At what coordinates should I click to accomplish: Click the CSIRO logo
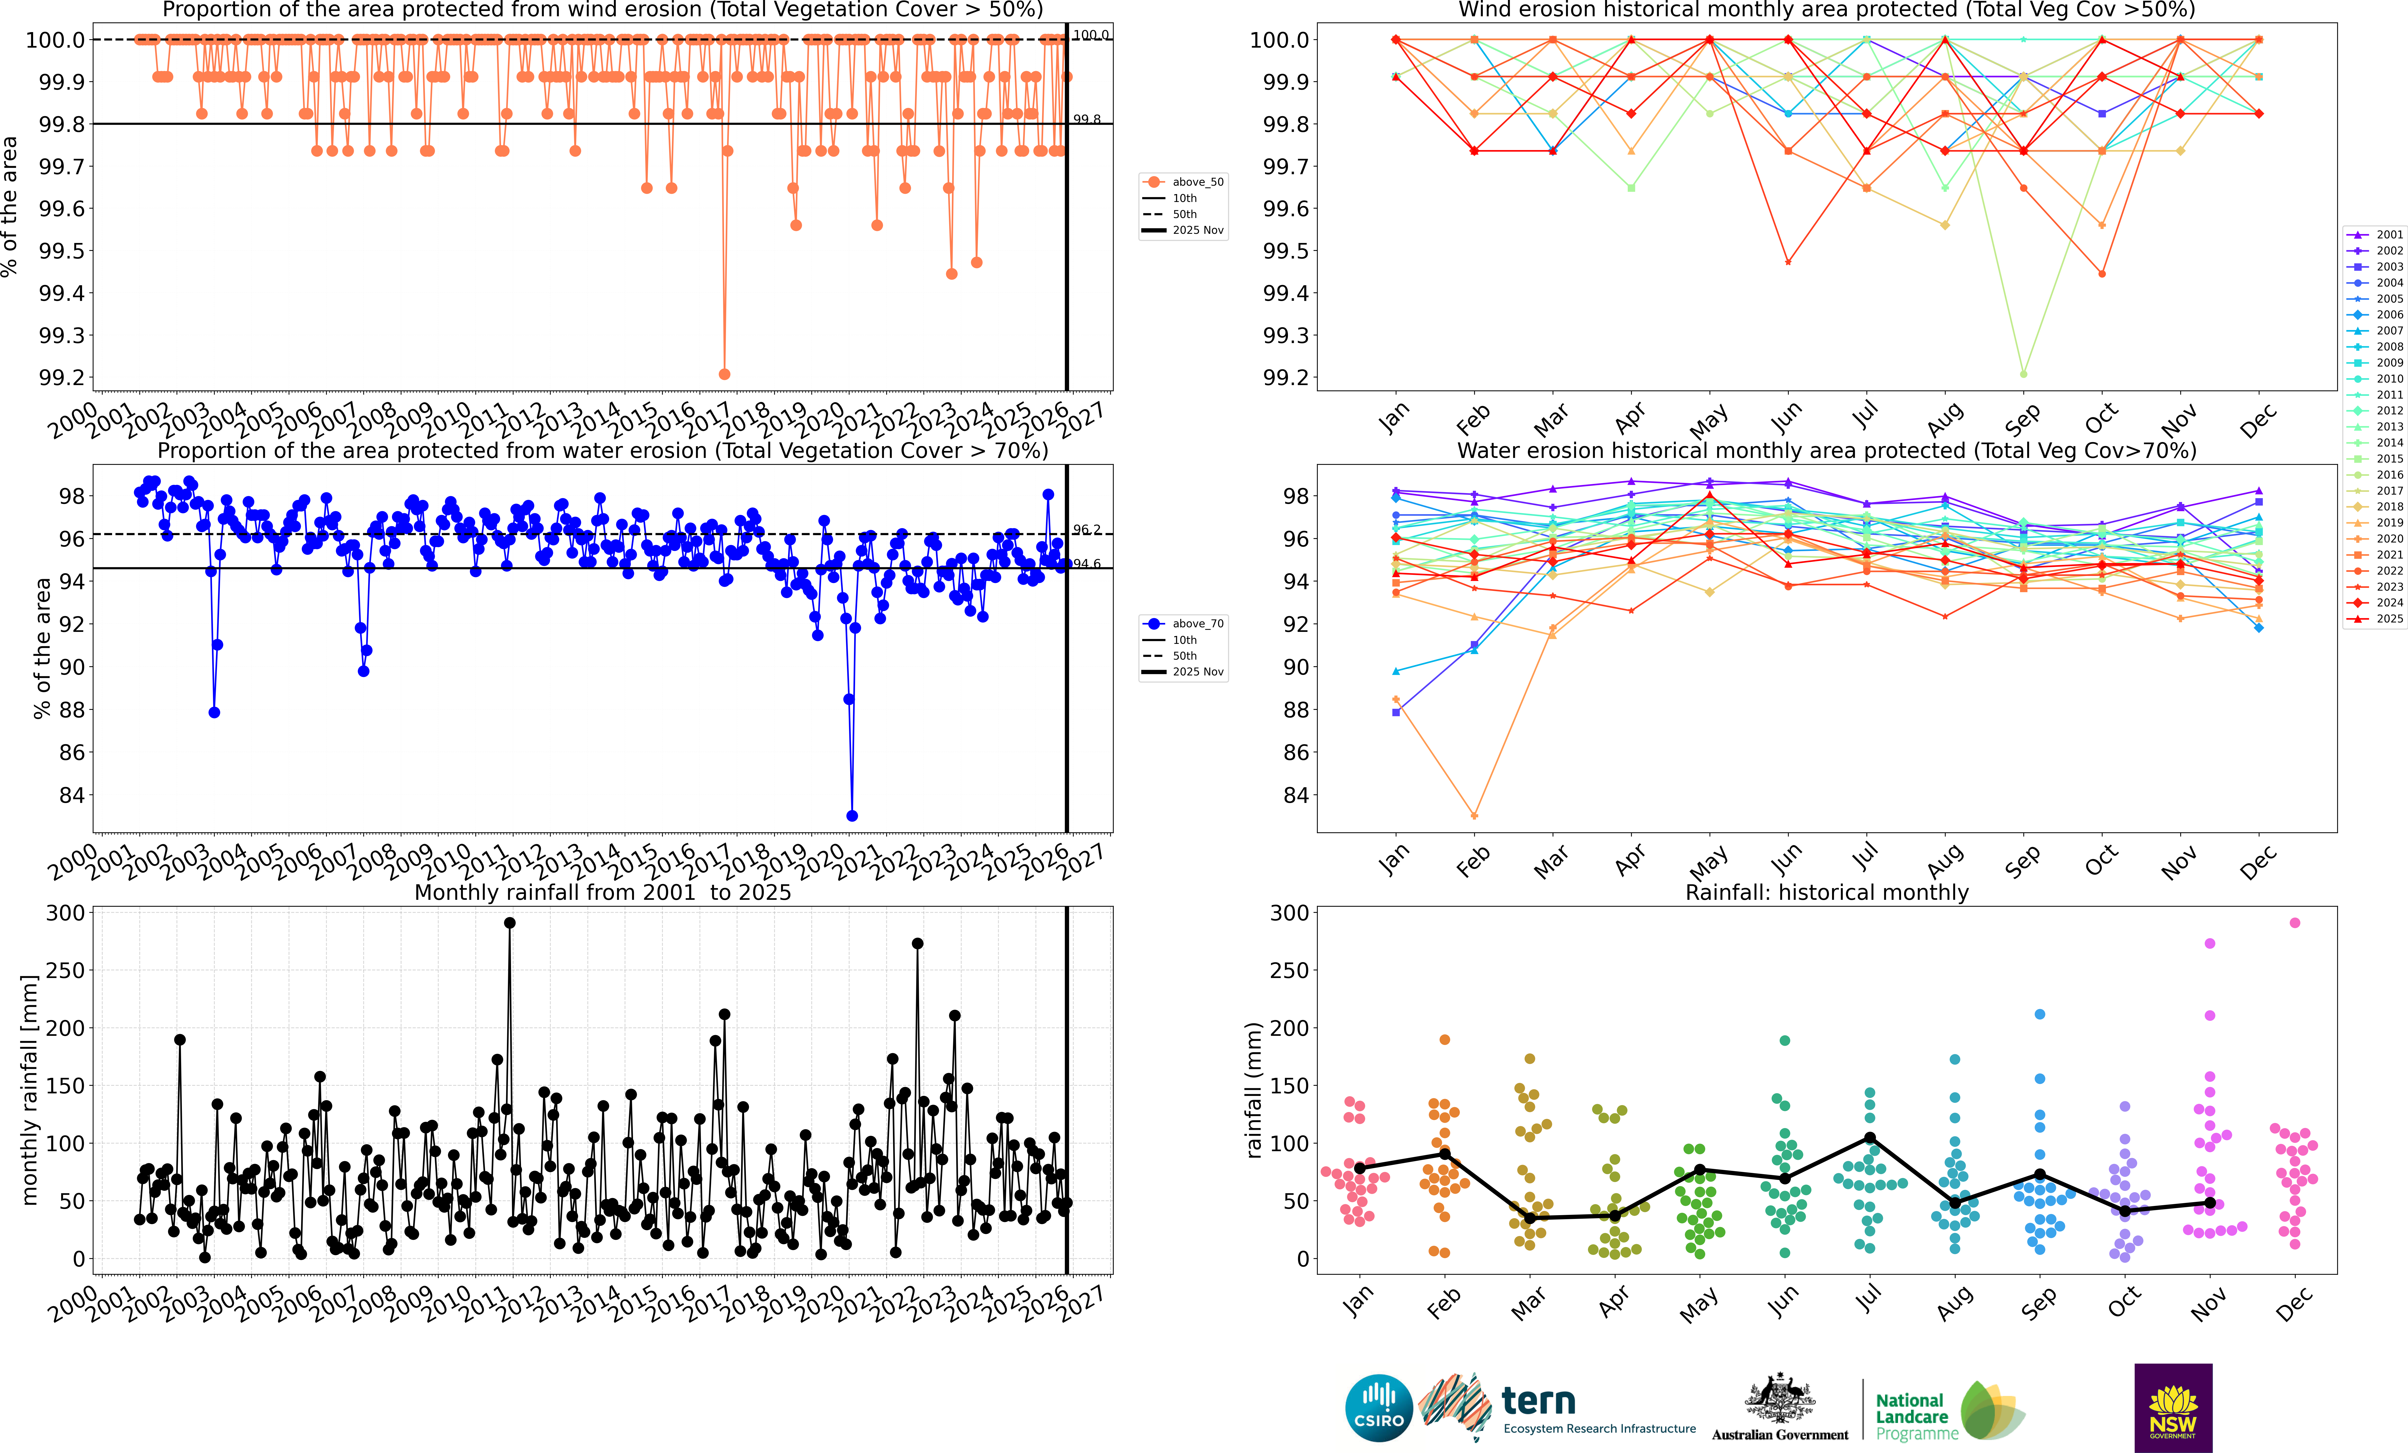tap(1379, 1408)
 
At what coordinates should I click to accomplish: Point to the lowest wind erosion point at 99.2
tap(724, 374)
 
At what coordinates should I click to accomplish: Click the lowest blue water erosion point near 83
tap(852, 816)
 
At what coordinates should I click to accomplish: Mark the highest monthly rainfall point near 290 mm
tap(509, 922)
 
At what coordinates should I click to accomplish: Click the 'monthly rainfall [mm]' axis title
tap(29, 1090)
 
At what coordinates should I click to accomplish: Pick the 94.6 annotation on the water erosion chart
tap(1087, 564)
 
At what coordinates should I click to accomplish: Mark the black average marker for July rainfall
tap(1869, 1137)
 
